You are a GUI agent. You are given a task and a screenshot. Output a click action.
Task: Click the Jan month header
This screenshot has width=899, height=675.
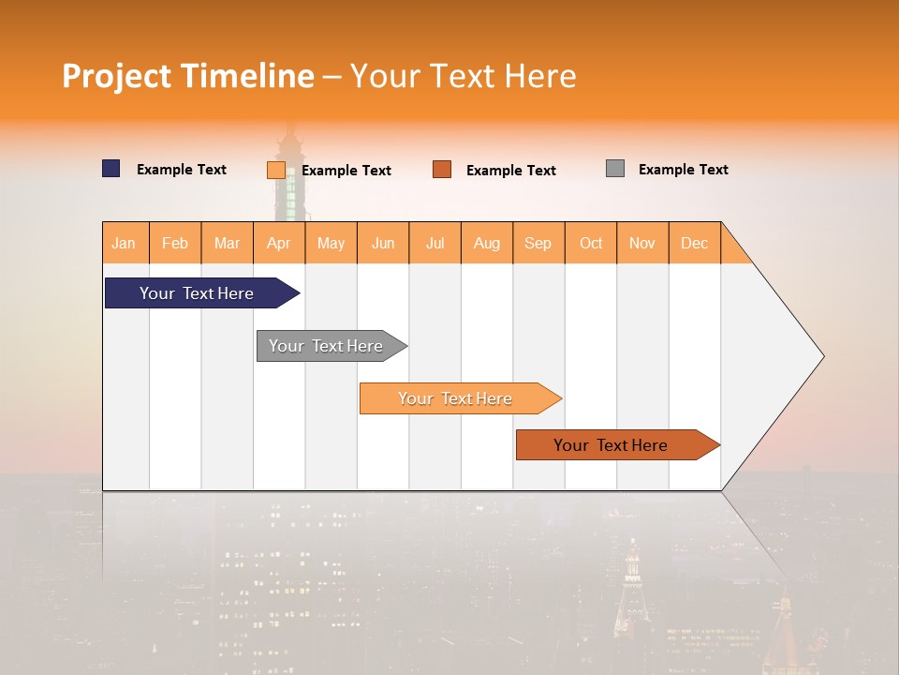pyautogui.click(x=125, y=243)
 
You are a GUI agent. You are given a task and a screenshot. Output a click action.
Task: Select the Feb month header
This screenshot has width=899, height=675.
pyautogui.click(x=175, y=243)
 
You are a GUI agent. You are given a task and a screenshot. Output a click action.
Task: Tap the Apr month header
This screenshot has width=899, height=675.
pyautogui.click(x=279, y=243)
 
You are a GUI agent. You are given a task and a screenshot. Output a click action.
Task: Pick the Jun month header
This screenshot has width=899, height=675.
pyautogui.click(x=383, y=243)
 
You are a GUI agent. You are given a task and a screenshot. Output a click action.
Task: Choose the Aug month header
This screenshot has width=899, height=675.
pyautogui.click(x=487, y=243)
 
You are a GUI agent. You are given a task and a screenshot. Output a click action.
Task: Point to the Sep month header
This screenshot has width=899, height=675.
pyautogui.click(x=538, y=243)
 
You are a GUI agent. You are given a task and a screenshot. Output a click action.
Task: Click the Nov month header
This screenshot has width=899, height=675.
pyautogui.click(x=642, y=243)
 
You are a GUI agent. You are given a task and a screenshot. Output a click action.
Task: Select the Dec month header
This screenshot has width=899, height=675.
pyautogui.click(x=695, y=243)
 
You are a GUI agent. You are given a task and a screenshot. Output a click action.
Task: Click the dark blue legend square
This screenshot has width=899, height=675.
pyautogui.click(x=111, y=169)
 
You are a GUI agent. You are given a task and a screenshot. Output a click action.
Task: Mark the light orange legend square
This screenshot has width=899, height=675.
pyautogui.click(x=275, y=170)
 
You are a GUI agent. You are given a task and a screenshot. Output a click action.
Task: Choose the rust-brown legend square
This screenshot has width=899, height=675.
pyautogui.click(x=442, y=170)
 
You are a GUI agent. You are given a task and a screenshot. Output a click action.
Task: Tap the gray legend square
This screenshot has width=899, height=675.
pyautogui.click(x=615, y=169)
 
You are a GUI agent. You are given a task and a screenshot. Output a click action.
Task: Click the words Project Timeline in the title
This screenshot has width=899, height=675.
pyautogui.click(x=188, y=76)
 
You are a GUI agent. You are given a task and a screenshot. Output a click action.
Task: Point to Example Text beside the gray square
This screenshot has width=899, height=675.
pyautogui.click(x=683, y=170)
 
